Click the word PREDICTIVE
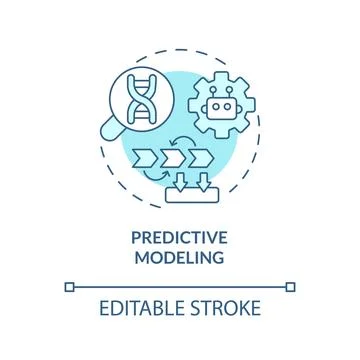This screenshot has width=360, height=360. click(x=180, y=238)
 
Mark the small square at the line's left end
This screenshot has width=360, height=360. click(x=69, y=286)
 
